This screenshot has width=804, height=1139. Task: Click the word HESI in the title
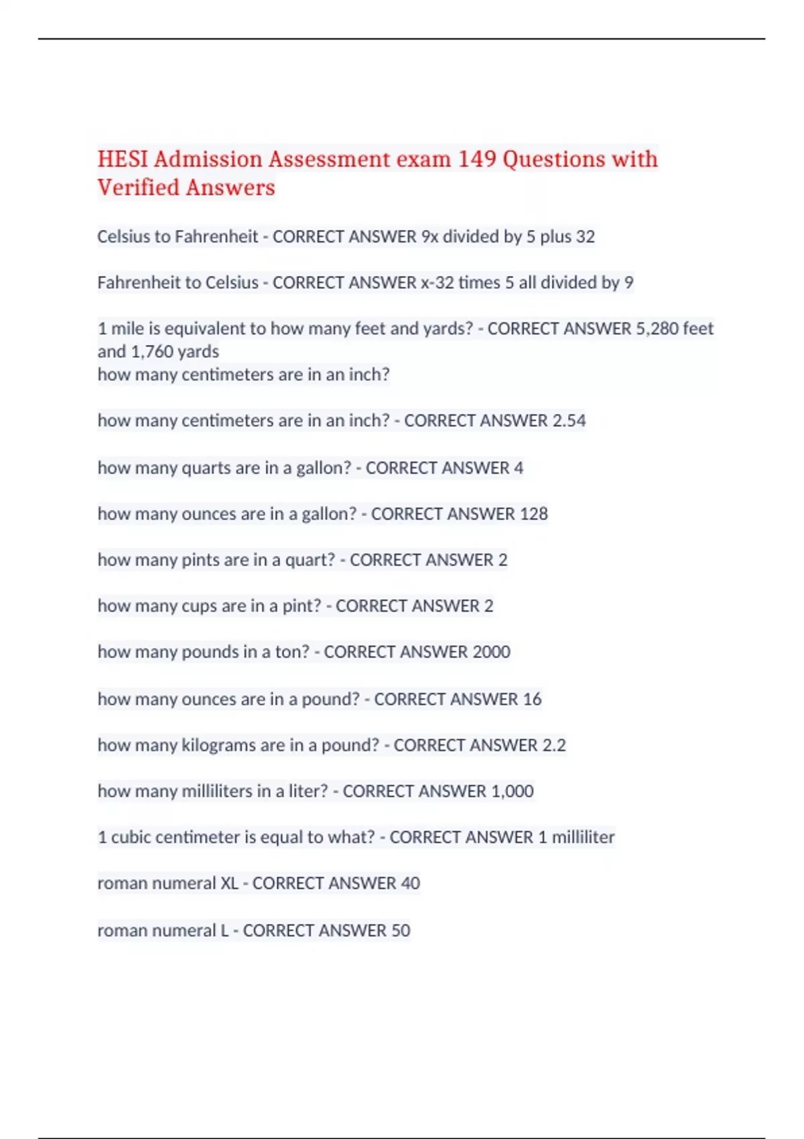pyautogui.click(x=123, y=159)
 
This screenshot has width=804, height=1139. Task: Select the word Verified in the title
pyautogui.click(x=138, y=188)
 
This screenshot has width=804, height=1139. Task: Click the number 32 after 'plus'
pyautogui.click(x=585, y=237)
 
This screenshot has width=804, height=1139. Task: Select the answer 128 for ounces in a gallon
pyautogui.click(x=533, y=513)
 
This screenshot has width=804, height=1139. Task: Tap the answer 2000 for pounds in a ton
pyautogui.click(x=491, y=651)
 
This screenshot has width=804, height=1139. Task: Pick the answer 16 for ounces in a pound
pyautogui.click(x=532, y=699)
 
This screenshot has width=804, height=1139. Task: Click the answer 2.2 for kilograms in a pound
pyautogui.click(x=553, y=745)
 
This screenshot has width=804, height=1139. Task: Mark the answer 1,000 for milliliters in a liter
pyautogui.click(x=512, y=791)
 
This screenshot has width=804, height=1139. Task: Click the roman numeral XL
pyautogui.click(x=229, y=883)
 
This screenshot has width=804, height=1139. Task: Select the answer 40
pyautogui.click(x=410, y=883)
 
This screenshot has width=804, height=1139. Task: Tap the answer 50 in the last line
pyautogui.click(x=401, y=930)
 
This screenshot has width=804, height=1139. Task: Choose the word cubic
pyautogui.click(x=132, y=837)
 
